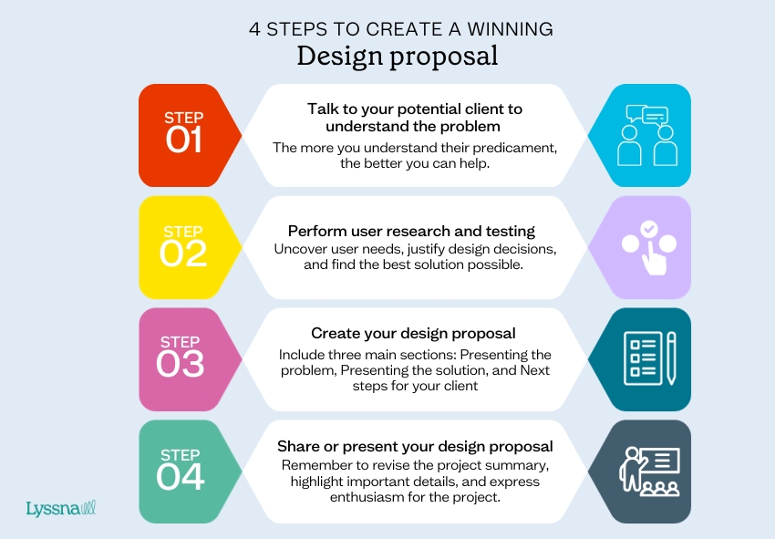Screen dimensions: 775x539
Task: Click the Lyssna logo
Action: tap(61, 508)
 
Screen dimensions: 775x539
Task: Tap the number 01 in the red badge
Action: tap(183, 140)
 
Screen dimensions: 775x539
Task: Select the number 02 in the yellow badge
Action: tap(183, 254)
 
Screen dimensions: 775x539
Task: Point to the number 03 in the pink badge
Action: tap(180, 364)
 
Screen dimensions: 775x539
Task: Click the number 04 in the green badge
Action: tap(180, 477)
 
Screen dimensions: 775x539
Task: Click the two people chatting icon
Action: tap(647, 135)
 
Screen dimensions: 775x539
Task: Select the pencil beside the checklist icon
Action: tap(671, 358)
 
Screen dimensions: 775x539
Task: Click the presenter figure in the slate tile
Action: tap(631, 469)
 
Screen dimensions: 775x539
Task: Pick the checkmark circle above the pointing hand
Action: tap(649, 228)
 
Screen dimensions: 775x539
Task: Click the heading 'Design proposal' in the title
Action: tap(398, 57)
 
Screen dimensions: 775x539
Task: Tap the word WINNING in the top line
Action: tap(510, 29)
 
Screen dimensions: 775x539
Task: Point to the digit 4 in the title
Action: tap(254, 29)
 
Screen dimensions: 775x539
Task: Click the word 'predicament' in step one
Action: tap(514, 148)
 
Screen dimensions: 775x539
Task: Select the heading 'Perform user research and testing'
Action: tap(411, 232)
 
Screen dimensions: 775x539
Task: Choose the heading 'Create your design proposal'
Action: tap(413, 334)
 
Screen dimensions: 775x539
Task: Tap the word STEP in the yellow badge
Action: tap(183, 232)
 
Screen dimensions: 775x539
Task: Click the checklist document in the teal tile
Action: tap(643, 358)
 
